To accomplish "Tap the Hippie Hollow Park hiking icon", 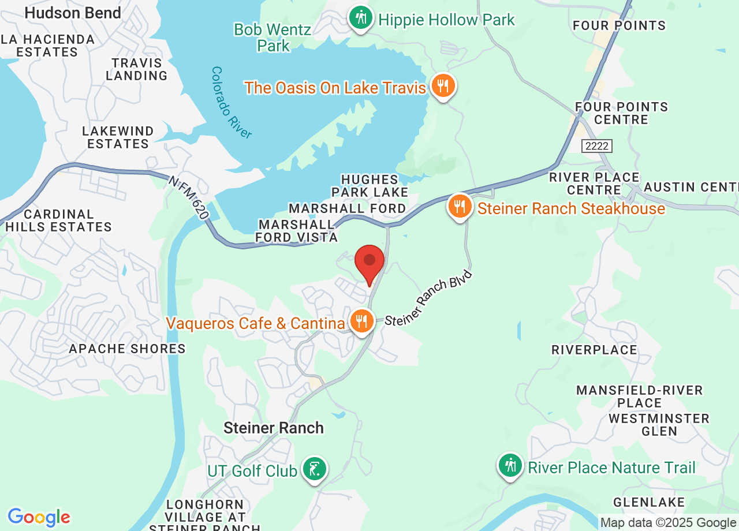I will (361, 18).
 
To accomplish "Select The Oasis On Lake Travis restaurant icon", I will (443, 87).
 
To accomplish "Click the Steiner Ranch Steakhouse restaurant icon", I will (460, 207).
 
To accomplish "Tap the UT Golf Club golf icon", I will (314, 469).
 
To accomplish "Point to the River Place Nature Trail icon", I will (510, 466).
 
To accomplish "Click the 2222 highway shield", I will (596, 146).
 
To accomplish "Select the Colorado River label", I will (232, 103).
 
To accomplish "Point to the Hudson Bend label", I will (73, 13).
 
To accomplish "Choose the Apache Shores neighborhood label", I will (127, 349).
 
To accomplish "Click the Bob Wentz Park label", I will (273, 38).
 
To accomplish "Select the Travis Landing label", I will (136, 69).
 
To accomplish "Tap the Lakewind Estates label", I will (118, 137).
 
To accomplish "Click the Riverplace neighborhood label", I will (594, 350).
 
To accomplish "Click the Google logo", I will (39, 517).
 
